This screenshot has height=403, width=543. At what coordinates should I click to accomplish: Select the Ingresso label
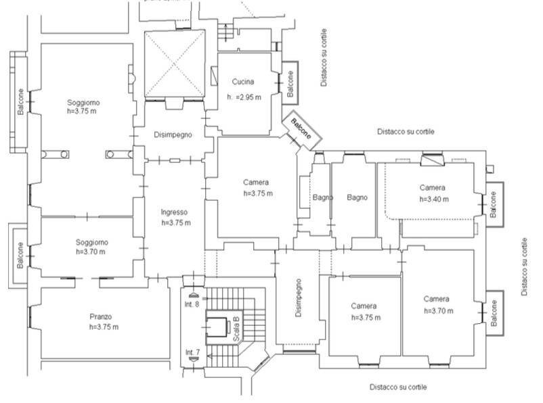[x=175, y=211]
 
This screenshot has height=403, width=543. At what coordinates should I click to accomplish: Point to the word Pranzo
[x=100, y=316]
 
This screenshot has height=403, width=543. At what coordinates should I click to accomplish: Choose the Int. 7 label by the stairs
[x=193, y=352]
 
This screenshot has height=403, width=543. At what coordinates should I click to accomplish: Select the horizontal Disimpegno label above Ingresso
[x=173, y=135]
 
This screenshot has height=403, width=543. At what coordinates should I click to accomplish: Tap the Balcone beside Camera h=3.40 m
[x=493, y=204]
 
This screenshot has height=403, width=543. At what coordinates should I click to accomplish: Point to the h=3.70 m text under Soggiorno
[x=91, y=252]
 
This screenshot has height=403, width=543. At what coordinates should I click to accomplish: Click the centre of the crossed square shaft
[x=175, y=65]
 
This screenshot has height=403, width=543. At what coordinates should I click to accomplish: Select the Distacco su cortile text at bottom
[x=398, y=387]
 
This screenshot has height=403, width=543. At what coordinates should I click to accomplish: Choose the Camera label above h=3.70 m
[x=437, y=299]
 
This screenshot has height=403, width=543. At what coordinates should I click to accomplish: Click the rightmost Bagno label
[x=357, y=197]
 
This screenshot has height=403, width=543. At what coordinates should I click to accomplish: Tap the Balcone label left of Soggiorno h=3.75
[x=21, y=102]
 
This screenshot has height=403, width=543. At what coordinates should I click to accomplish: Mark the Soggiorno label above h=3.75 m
[x=82, y=102]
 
